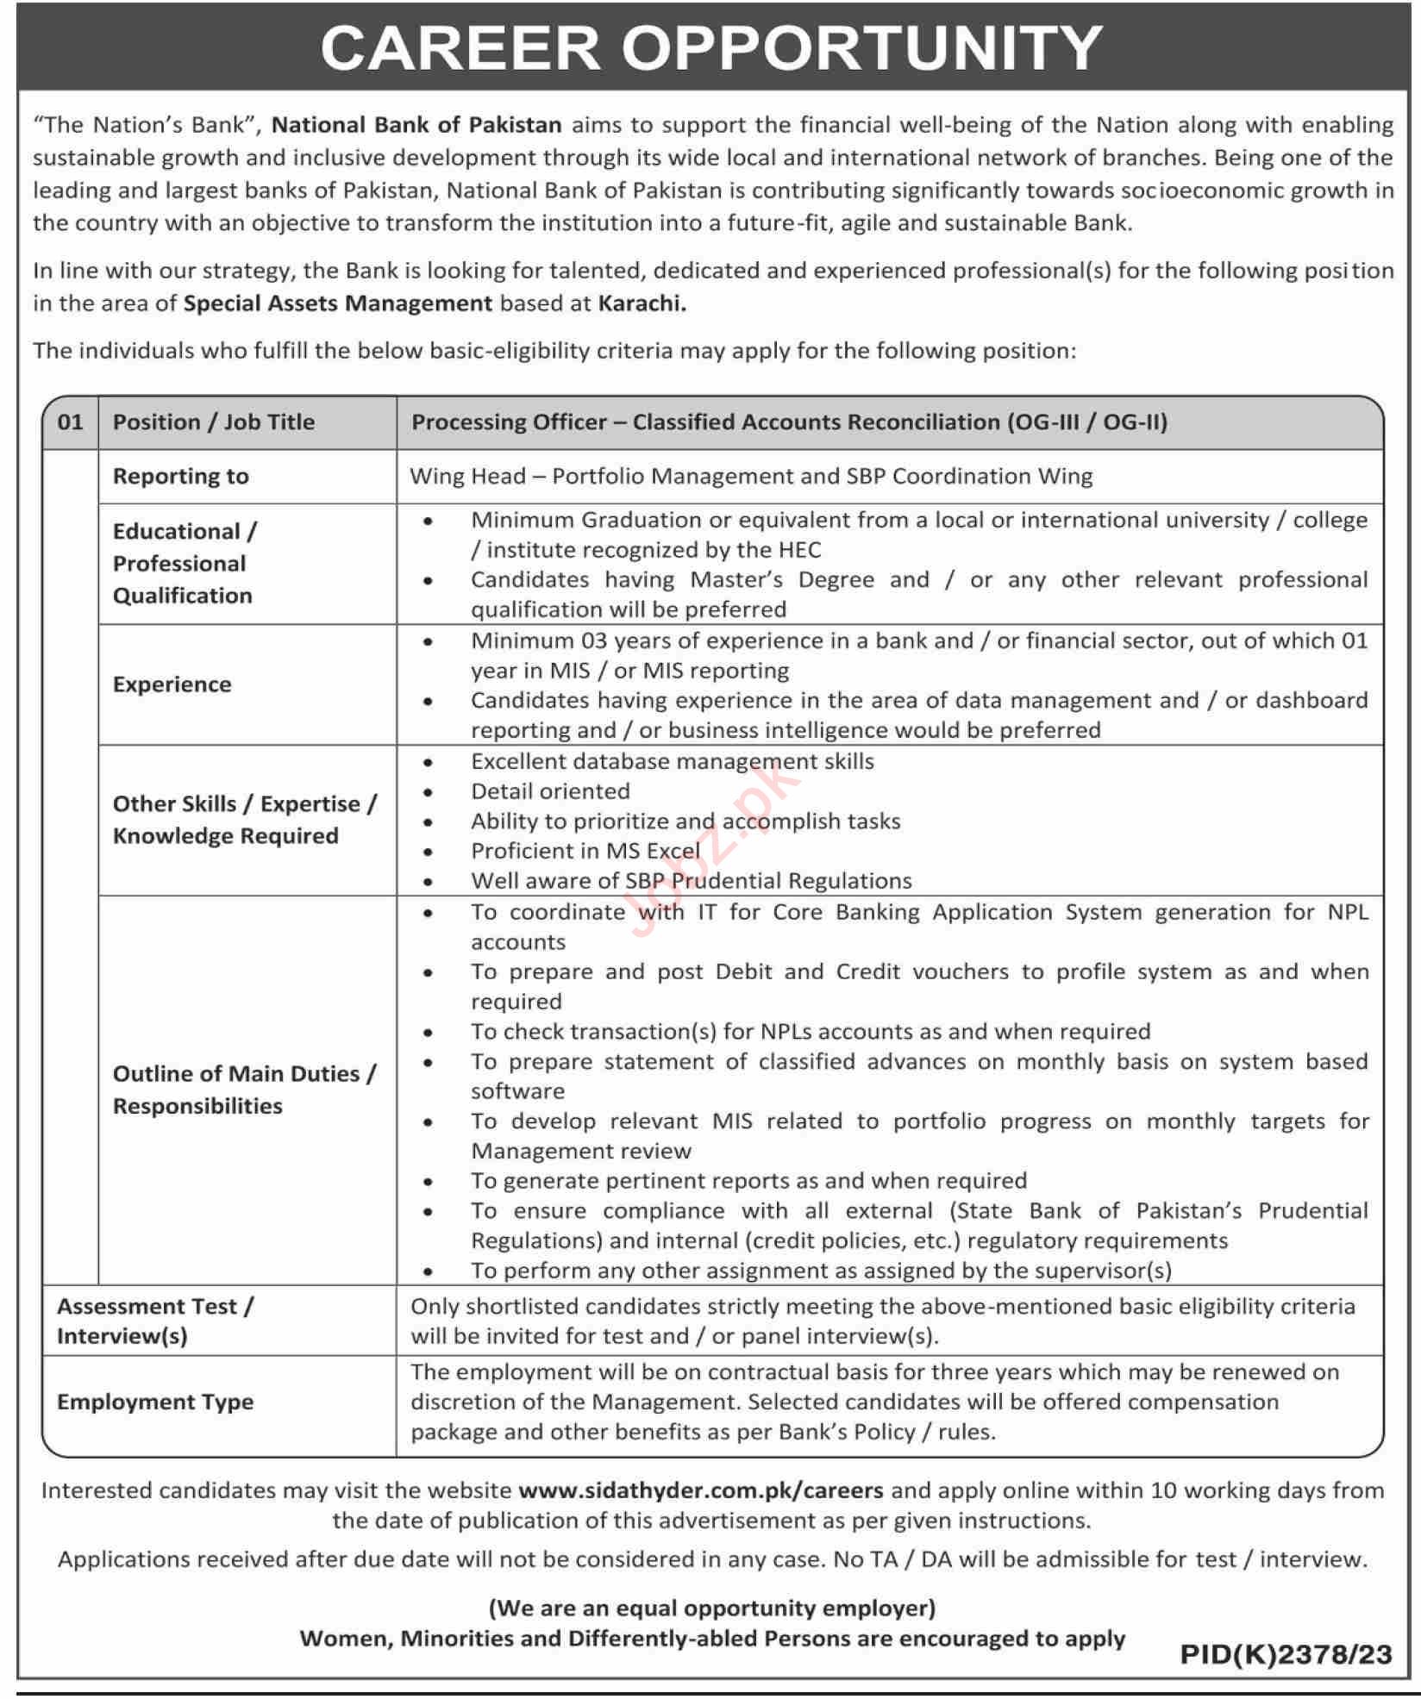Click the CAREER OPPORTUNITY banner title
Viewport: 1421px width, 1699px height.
[710, 47]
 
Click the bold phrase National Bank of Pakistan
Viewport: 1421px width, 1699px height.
[416, 125]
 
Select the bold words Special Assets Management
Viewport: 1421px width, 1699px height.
[337, 303]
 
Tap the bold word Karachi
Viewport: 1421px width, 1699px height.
[642, 303]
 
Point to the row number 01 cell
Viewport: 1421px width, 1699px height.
[71, 422]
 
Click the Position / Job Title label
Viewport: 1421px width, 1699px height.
[214, 422]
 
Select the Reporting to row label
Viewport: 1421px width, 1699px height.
[181, 477]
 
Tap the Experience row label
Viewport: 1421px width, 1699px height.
[172, 684]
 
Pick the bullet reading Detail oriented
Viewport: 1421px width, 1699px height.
[550, 791]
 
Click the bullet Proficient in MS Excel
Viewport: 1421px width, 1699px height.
[585, 851]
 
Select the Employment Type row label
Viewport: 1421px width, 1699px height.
[155, 1402]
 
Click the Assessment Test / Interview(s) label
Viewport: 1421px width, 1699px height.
[155, 1321]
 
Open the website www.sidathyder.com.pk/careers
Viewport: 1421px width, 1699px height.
[701, 1490]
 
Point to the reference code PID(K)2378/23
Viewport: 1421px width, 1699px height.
[1286, 1654]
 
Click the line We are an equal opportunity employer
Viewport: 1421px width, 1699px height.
[712, 1608]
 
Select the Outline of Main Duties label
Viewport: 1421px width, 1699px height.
[244, 1074]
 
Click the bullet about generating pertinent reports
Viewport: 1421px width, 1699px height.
[748, 1181]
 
